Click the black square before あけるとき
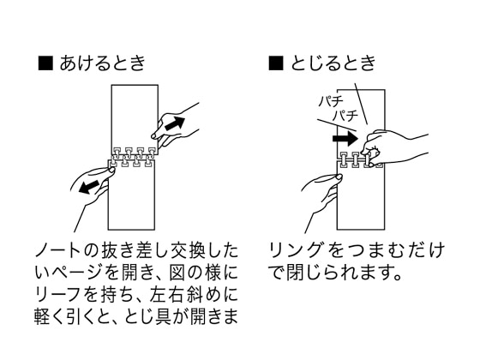[45, 63]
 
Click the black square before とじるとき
[276, 63]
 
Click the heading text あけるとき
[103, 63]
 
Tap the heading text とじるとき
[333, 63]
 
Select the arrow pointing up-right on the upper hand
[175, 123]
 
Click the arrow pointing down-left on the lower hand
[89, 187]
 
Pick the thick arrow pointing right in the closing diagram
[345, 138]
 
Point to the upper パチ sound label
[331, 101]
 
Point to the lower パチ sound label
[345, 116]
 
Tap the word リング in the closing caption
[296, 250]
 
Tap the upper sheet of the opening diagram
[135, 117]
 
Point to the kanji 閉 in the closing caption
[295, 273]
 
